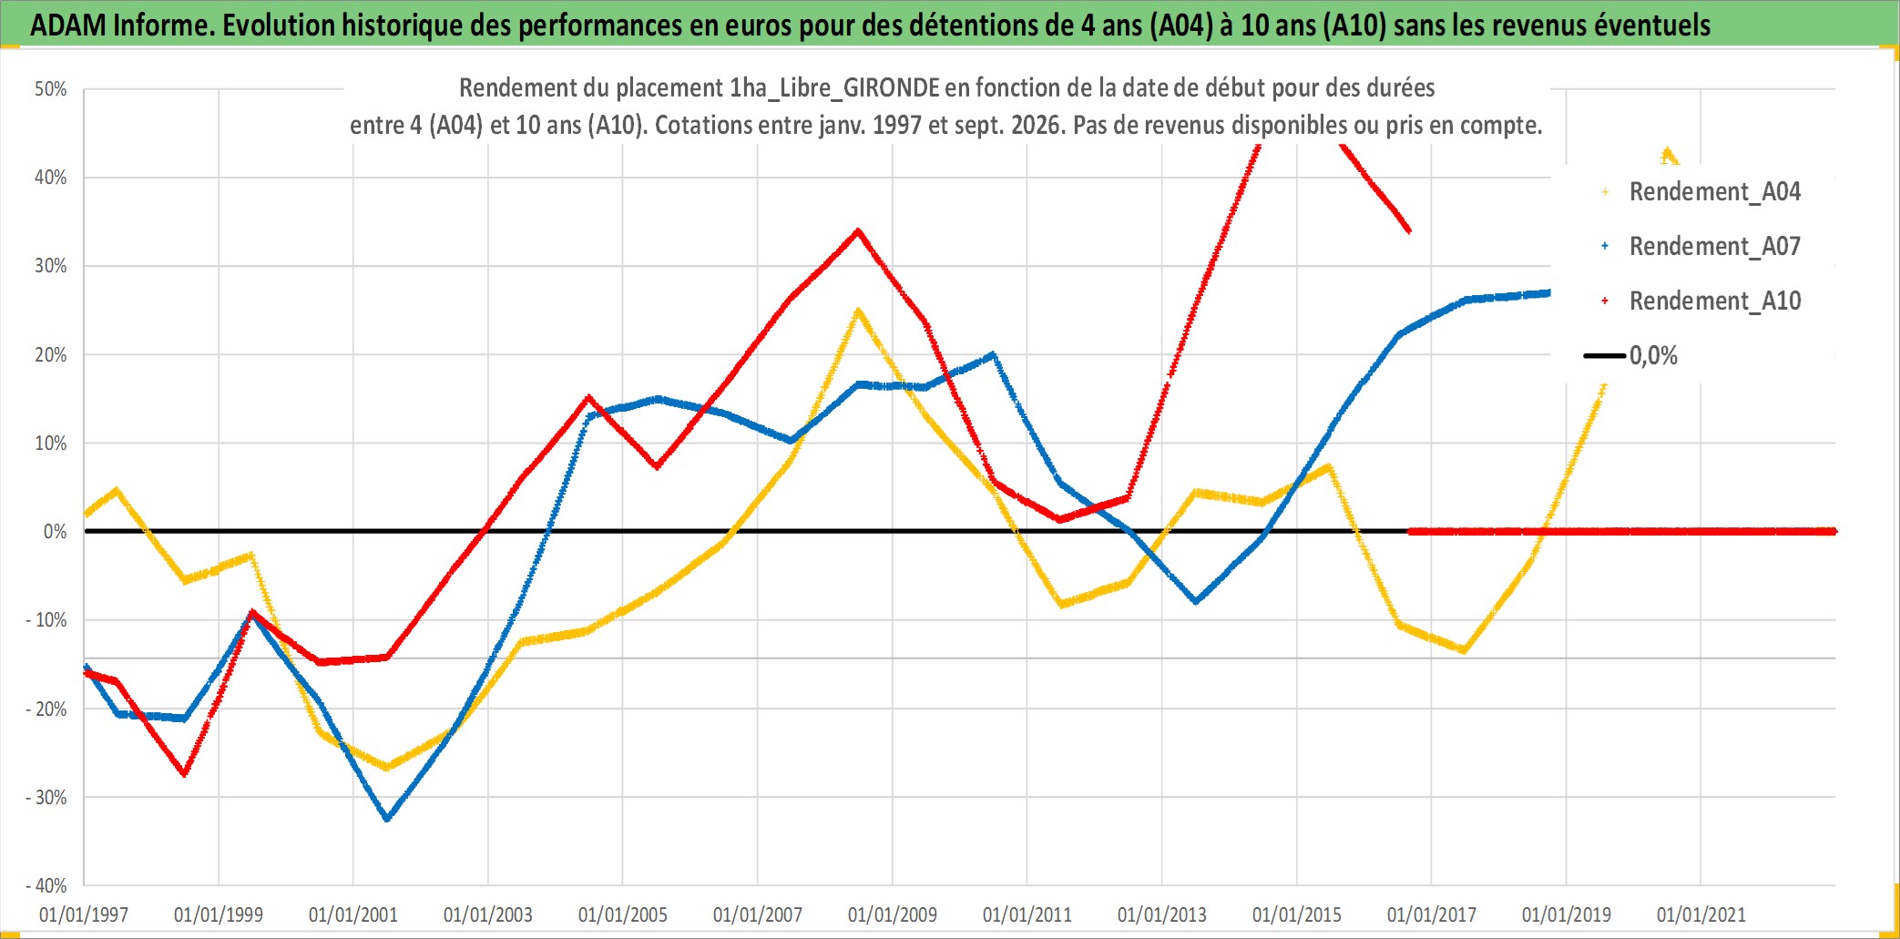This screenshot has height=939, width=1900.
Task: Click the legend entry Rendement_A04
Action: pyautogui.click(x=1701, y=192)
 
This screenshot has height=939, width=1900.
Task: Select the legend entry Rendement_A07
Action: pyautogui.click(x=1701, y=247)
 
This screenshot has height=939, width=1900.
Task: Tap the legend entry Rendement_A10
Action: pyautogui.click(x=1701, y=301)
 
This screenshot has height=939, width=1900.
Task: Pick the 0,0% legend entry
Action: pyautogui.click(x=1631, y=355)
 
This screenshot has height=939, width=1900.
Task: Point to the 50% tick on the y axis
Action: pyautogui.click(x=51, y=89)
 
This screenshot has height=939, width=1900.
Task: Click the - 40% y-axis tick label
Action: pyautogui.click(x=46, y=885)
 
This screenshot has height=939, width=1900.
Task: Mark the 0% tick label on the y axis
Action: pyautogui.click(x=56, y=532)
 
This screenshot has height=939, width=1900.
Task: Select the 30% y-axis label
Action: pyautogui.click(x=51, y=266)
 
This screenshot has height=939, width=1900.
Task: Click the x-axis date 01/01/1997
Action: pyautogui.click(x=84, y=914)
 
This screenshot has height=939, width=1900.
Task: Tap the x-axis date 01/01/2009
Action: pyautogui.click(x=893, y=914)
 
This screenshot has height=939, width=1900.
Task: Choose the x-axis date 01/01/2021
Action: pyautogui.click(x=1701, y=914)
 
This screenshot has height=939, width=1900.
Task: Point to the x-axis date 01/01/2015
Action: pyautogui.click(x=1297, y=914)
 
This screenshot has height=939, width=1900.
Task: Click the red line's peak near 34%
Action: pyautogui.click(x=858, y=230)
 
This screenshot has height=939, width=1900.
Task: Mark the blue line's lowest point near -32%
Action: pyautogui.click(x=387, y=818)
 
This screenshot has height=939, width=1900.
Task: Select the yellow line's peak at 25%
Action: pyautogui.click(x=858, y=311)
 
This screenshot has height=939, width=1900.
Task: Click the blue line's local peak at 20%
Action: pyautogui.click(x=993, y=354)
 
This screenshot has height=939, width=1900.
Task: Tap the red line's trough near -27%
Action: pyautogui.click(x=185, y=773)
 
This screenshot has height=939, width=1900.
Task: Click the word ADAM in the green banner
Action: pyautogui.click(x=68, y=26)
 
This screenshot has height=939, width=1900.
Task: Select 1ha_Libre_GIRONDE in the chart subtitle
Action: pyautogui.click(x=834, y=88)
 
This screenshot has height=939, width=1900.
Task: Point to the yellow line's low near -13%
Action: pyautogui.click(x=1464, y=650)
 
